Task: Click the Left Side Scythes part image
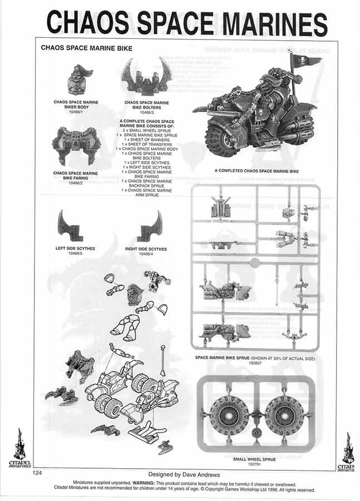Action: pyautogui.click(x=70, y=224)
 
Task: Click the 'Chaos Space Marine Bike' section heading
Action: pyautogui.click(x=86, y=48)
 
